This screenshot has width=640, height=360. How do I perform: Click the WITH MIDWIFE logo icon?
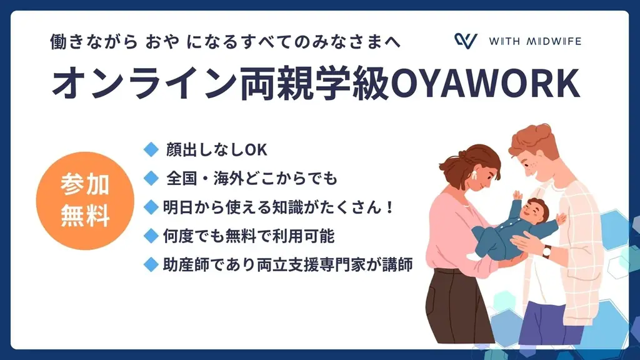(x=466, y=41)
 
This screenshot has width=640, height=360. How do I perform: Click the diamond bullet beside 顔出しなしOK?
(x=150, y=149)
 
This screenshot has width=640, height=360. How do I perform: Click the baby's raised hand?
(x=517, y=195)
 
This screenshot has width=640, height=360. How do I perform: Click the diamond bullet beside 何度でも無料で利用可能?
(x=150, y=236)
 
